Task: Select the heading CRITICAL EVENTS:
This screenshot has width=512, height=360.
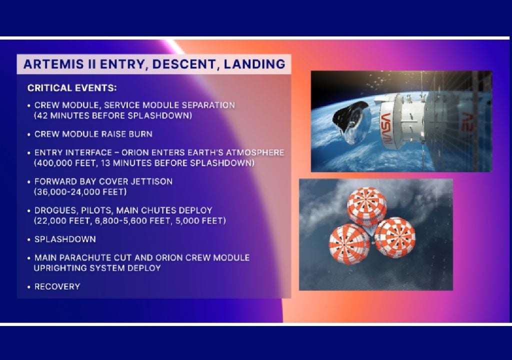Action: pyautogui.click(x=72, y=88)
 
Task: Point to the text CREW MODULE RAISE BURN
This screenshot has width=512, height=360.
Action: pyautogui.click(x=93, y=134)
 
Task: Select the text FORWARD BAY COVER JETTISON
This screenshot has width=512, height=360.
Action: pyautogui.click(x=103, y=181)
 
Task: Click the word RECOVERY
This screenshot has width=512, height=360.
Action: pyautogui.click(x=57, y=286)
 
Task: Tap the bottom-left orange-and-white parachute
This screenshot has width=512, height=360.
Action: pyautogui.click(x=349, y=245)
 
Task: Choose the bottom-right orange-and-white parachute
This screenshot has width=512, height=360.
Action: pyautogui.click(x=395, y=238)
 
